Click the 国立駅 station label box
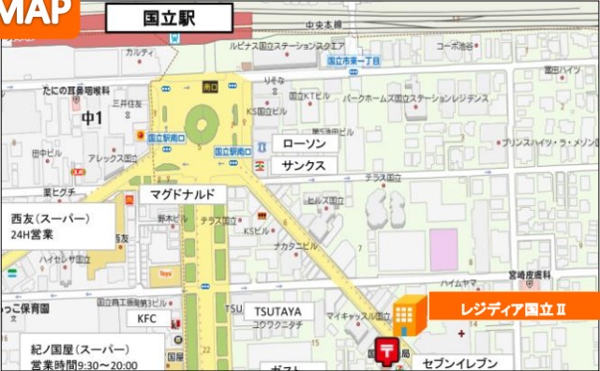(169, 16)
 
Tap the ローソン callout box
(303, 143)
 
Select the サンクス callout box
(303, 165)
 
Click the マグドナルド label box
(183, 194)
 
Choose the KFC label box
(147, 318)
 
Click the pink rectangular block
(443, 246)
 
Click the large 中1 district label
(92, 119)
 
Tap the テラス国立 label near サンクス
(382, 177)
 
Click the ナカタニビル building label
(296, 246)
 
